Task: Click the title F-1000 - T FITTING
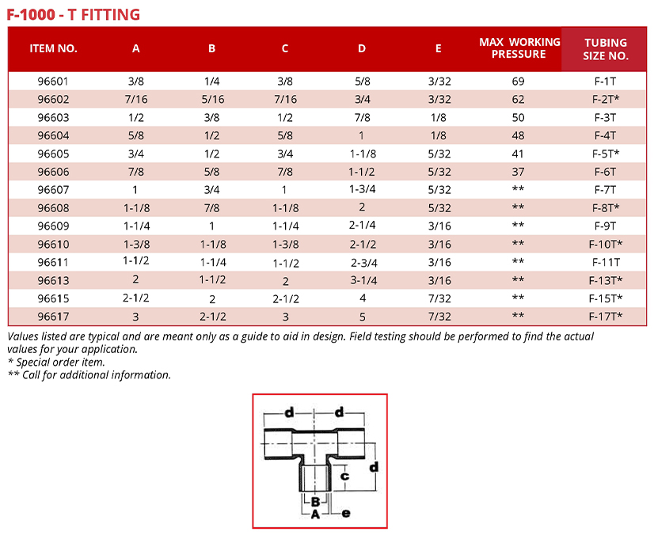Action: [74, 14]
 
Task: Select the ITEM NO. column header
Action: [54, 48]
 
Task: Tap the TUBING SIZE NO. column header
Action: [606, 49]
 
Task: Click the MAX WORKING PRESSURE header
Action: [519, 48]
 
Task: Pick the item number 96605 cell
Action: [54, 154]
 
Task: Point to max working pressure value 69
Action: [519, 82]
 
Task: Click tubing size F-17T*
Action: [606, 317]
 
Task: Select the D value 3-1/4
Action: [362, 280]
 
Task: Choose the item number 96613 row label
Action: [54, 280]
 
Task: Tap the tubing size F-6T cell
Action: [606, 172]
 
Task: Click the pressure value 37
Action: [519, 172]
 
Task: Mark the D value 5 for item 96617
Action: [362, 317]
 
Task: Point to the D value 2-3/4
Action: [362, 262]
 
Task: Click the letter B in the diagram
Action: [315, 501]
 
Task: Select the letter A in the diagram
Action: [314, 515]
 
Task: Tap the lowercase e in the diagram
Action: [345, 514]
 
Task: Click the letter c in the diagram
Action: [344, 477]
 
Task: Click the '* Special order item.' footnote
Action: [56, 363]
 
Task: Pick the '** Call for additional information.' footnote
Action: [89, 375]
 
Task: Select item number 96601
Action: [54, 82]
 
